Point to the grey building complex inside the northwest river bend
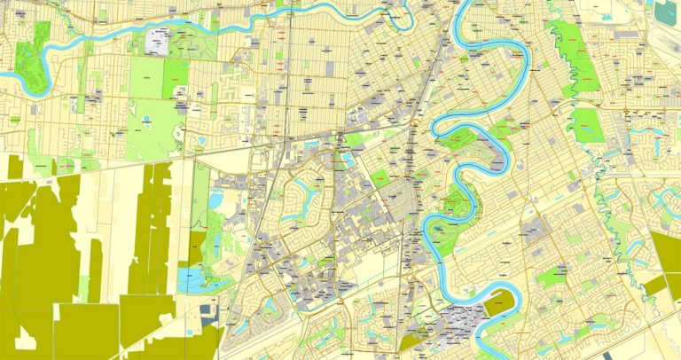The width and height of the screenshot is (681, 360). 158,42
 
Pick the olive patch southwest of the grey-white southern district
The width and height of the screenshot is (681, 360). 413,340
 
